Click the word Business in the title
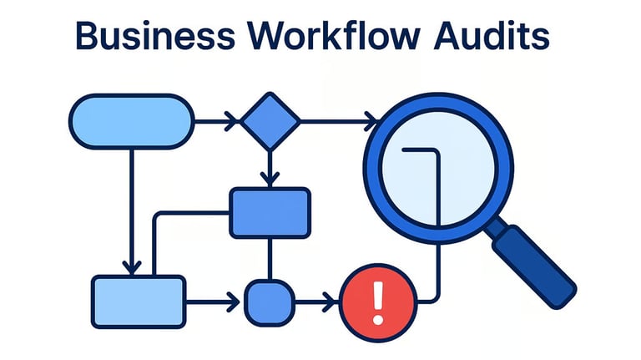155,36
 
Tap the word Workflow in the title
334,35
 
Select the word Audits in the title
492,35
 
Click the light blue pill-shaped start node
132,121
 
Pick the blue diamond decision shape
270,121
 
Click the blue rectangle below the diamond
270,213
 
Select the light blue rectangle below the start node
139,302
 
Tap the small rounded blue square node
270,302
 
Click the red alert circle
379,302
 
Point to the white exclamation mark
379,302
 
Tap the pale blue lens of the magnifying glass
438,168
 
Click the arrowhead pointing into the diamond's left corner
232,121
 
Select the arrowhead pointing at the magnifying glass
371,121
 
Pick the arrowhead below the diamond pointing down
270,180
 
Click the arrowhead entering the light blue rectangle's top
132,267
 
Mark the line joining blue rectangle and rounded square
270,259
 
